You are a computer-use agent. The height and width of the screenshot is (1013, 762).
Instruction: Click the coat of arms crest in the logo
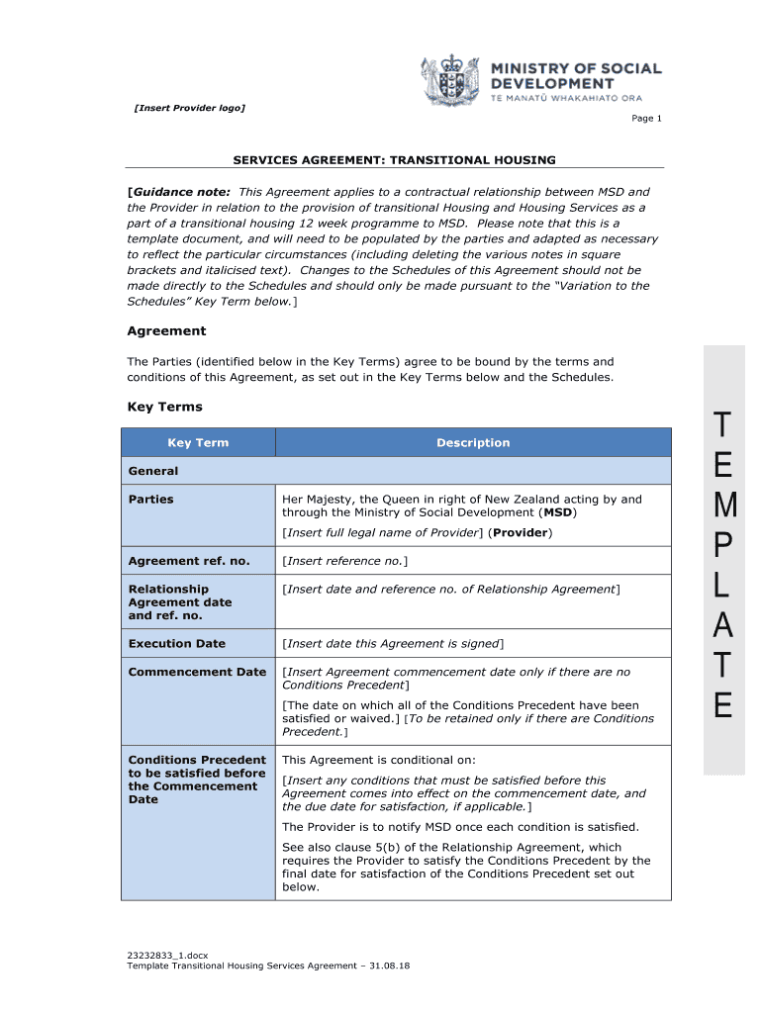[x=453, y=79]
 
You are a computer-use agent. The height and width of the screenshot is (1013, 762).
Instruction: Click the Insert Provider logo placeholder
[x=189, y=108]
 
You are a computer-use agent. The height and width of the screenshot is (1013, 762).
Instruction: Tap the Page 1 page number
[x=647, y=119]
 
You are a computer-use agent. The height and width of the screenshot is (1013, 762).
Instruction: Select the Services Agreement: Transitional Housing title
[x=394, y=159]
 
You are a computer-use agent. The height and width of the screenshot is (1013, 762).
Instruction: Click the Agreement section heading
[x=166, y=330]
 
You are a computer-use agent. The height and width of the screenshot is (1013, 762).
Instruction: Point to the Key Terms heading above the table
[x=164, y=407]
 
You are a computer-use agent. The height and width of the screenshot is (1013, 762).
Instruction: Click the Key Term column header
[x=198, y=443]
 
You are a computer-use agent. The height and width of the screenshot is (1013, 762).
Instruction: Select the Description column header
[x=473, y=443]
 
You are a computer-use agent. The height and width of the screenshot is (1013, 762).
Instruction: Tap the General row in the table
[x=153, y=471]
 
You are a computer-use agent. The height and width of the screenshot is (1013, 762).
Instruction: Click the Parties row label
[x=150, y=500]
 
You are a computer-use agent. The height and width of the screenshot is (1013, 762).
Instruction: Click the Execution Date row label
[x=176, y=643]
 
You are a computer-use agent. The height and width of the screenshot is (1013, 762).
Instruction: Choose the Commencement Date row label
[x=197, y=672]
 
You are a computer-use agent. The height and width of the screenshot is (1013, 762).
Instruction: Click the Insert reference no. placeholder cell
[x=344, y=561]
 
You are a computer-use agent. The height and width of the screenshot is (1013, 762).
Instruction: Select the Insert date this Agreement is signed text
[x=393, y=643]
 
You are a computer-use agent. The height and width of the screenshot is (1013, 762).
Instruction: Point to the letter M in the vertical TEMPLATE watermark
[x=724, y=506]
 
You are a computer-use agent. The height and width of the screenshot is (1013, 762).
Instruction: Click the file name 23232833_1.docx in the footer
[x=167, y=955]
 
